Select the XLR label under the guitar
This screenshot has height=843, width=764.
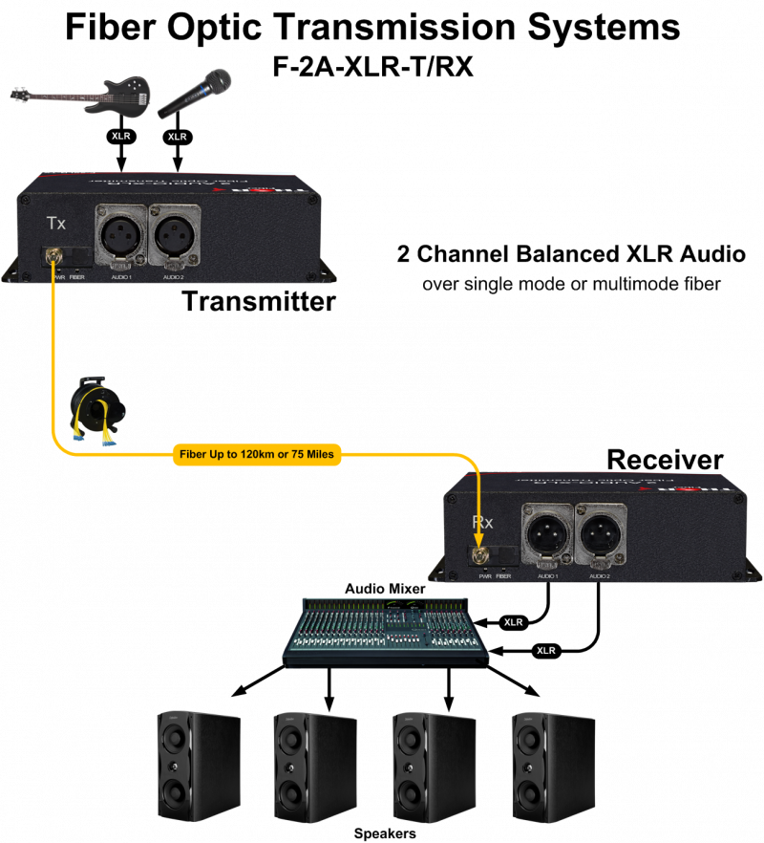[x=122, y=137]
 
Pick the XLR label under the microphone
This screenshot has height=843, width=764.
[x=177, y=137]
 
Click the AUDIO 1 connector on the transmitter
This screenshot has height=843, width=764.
[x=120, y=236]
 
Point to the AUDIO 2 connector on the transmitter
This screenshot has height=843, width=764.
[x=173, y=236]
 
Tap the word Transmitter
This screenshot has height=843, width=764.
[x=259, y=302]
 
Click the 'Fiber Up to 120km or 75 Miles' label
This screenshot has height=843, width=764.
[x=254, y=454]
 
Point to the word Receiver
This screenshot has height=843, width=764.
[x=665, y=460]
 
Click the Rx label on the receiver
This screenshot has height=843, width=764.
[x=482, y=523]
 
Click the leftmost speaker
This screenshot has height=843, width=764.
[x=199, y=764]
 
